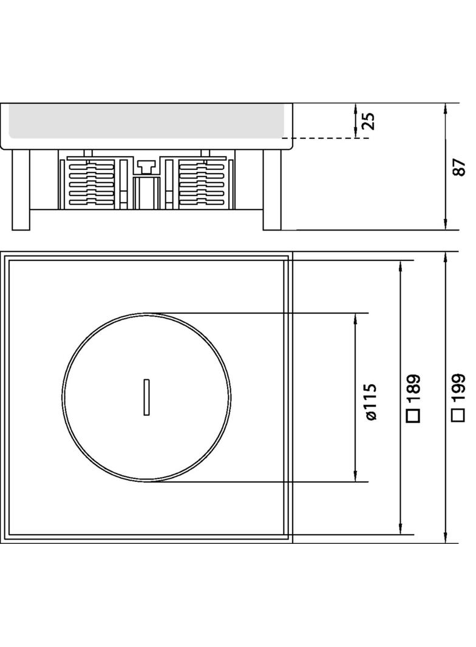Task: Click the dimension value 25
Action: [x=369, y=121]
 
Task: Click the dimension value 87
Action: [x=459, y=168]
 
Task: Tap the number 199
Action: [x=459, y=388]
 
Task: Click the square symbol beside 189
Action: [x=414, y=416]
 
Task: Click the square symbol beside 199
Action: [x=459, y=416]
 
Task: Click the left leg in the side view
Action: [x=21, y=189]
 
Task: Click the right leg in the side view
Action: [x=272, y=189]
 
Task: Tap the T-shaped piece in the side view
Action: [x=146, y=164]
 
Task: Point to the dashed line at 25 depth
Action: [x=328, y=138]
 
